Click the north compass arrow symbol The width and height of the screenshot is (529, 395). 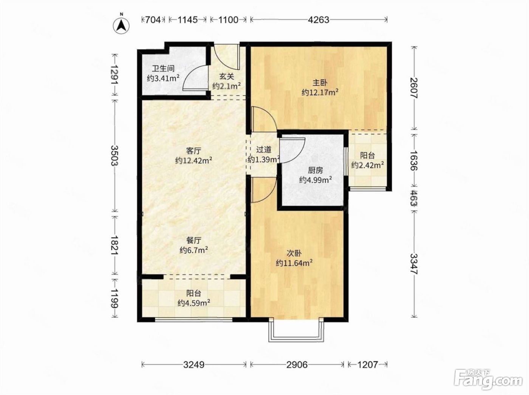[x=121, y=26]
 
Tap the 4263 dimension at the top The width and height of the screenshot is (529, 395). [x=319, y=20]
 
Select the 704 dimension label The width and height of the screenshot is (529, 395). [x=153, y=20]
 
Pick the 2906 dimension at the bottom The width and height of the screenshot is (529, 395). [x=297, y=365]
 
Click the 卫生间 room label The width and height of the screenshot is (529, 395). [x=163, y=69]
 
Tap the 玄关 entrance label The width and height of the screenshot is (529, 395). [x=226, y=77]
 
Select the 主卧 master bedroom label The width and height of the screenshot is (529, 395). [x=320, y=83]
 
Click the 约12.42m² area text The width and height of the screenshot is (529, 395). [x=194, y=160]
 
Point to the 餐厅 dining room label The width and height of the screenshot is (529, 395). [x=194, y=240]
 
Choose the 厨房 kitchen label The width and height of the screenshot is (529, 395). [x=315, y=170]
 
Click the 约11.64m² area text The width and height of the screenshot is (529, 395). [x=294, y=263]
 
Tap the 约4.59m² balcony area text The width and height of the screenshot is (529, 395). [x=194, y=303]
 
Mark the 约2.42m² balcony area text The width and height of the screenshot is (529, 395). [x=368, y=165]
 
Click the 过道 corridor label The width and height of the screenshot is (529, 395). [x=264, y=150]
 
